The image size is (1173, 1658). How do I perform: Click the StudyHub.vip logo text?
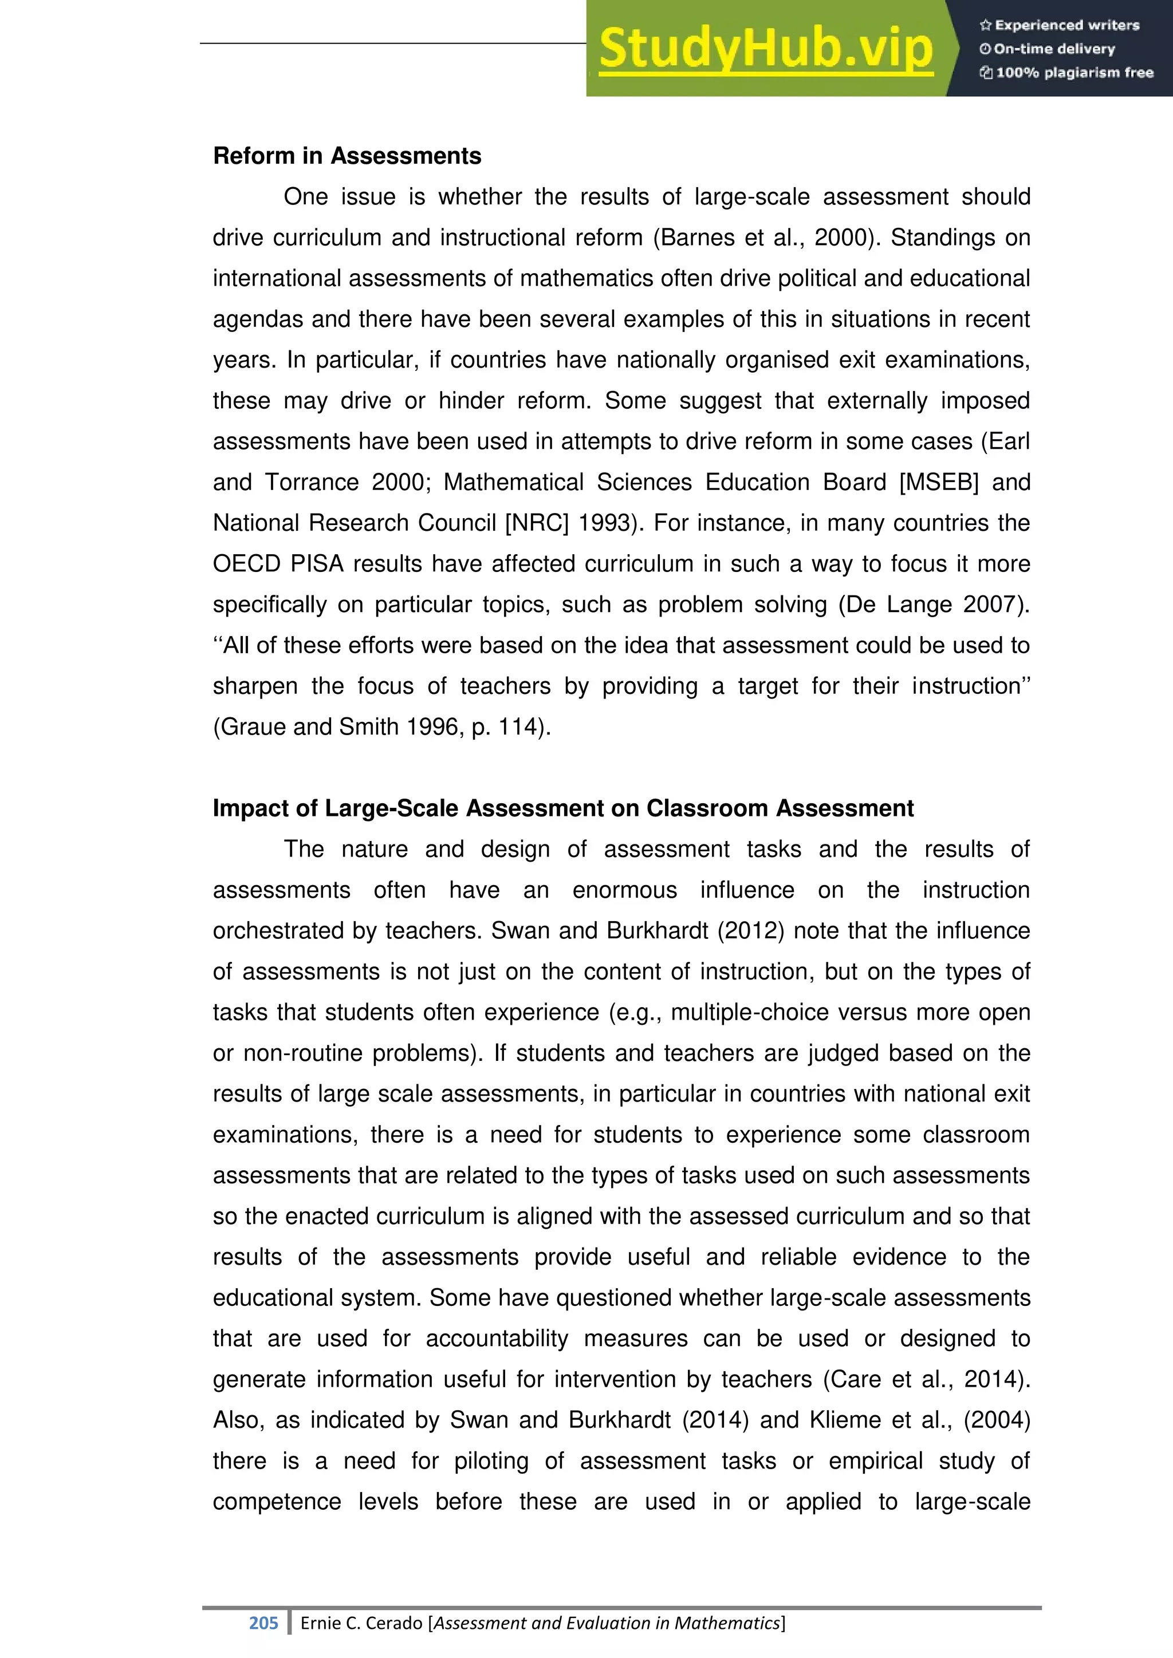[x=766, y=49]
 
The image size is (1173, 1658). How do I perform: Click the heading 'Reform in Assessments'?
[x=347, y=156]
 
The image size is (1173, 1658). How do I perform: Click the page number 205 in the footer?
[x=263, y=1623]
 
